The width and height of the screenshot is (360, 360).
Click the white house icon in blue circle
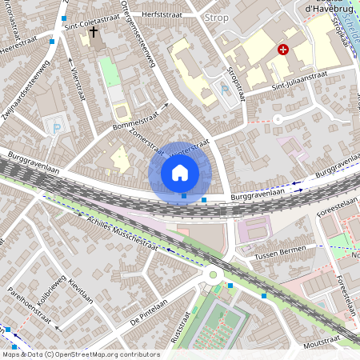(x=180, y=172)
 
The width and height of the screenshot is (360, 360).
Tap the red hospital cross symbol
(x=282, y=50)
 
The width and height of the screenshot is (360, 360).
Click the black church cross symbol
(x=94, y=33)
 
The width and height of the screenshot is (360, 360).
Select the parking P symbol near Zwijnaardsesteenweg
(x=55, y=126)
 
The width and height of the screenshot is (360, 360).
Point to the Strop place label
(x=216, y=16)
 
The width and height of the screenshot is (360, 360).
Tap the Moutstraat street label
(x=328, y=342)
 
